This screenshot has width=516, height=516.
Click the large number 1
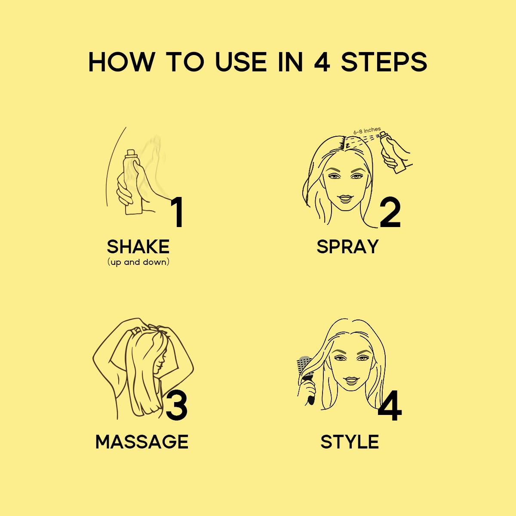177,212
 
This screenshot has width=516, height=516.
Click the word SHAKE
138,247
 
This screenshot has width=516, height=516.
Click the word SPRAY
347,247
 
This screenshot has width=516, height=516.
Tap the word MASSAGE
142,442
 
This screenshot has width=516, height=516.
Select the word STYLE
350,442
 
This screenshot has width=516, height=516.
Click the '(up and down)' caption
138,262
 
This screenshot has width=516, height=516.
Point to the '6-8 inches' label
367,130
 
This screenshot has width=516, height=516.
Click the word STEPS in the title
384,62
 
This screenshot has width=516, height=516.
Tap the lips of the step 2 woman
345,199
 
